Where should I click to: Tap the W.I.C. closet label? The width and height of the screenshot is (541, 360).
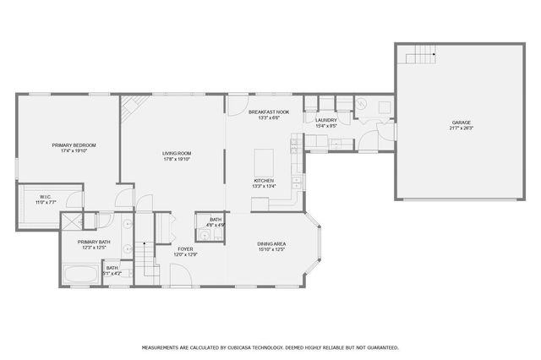[23, 197]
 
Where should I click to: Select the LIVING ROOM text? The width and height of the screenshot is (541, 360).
[177, 153]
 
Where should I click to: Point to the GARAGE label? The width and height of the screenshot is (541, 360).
[461, 123]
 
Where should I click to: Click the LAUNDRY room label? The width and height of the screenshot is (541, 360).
[326, 120]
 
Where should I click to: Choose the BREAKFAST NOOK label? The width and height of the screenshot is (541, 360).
[269, 112]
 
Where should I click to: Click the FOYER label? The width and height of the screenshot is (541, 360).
[185, 248]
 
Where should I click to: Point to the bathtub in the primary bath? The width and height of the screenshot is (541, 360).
[81, 274]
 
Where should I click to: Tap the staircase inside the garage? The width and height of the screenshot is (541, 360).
[423, 57]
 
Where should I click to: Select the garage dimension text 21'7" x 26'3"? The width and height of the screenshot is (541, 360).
[461, 128]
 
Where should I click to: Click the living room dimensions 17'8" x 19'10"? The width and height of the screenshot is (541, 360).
[177, 159]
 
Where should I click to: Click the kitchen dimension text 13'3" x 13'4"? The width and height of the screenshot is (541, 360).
[265, 187]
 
